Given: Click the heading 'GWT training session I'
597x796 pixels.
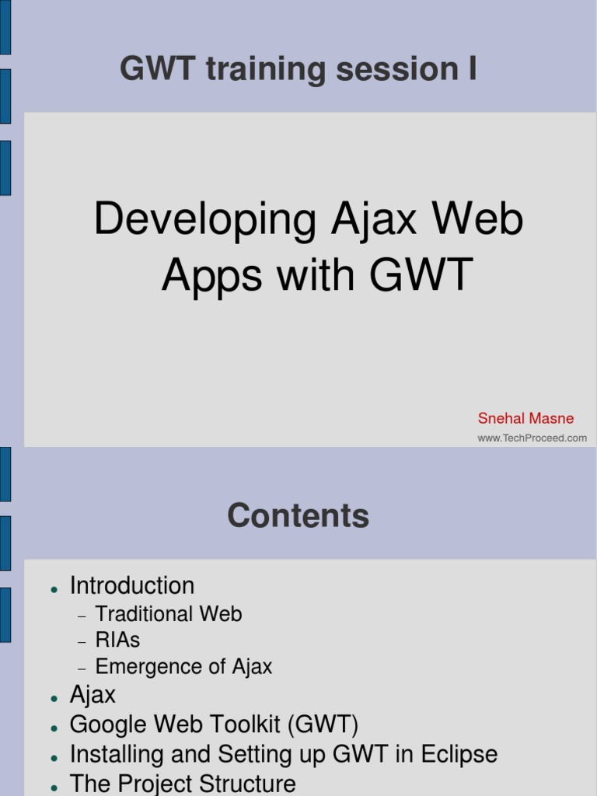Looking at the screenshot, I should pyautogui.click(x=298, y=70).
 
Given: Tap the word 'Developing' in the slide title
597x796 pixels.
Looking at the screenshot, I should pyautogui.click(x=205, y=220).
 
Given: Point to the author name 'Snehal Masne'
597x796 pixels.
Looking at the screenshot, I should pyautogui.click(x=525, y=418).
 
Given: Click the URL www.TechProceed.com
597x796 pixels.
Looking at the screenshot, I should pyautogui.click(x=532, y=438).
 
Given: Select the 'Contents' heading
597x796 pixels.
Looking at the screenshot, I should pyautogui.click(x=298, y=516).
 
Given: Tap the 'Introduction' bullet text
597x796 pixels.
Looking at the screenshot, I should pyautogui.click(x=132, y=585).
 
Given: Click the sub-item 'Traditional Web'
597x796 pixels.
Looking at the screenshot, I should pyautogui.click(x=168, y=614).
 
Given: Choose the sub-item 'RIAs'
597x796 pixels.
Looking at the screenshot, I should pyautogui.click(x=117, y=641).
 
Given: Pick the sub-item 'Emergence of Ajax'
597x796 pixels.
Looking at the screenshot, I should pyautogui.click(x=183, y=667).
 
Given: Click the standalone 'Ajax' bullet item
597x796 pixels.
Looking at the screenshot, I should pyautogui.click(x=93, y=694).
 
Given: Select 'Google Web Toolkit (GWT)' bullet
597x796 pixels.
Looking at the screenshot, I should pyautogui.click(x=214, y=724).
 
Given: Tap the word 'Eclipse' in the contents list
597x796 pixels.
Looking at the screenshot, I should pyautogui.click(x=459, y=754).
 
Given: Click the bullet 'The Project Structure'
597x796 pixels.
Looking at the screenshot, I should pyautogui.click(x=183, y=783).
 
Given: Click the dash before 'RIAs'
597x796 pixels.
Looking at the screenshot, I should pyautogui.click(x=82, y=642).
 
